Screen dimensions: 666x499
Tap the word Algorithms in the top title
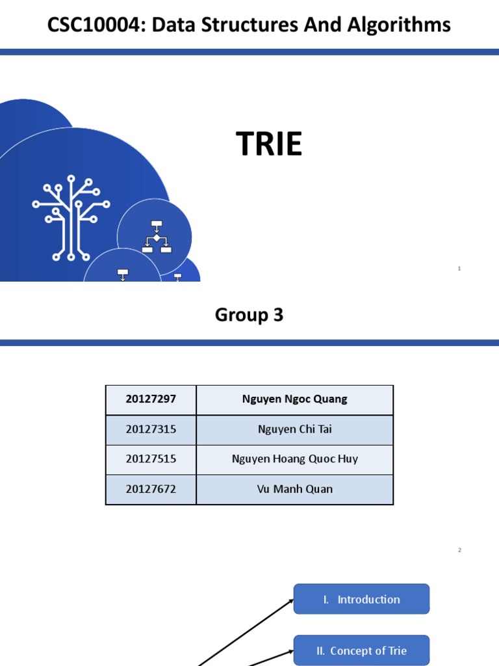point(400,25)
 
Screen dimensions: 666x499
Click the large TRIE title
point(269,144)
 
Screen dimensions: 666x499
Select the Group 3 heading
point(249,315)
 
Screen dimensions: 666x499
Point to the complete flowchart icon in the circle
point(156,237)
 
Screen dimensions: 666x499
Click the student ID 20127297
point(151,399)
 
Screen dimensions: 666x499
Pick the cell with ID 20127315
point(151,429)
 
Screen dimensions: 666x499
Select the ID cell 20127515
point(151,459)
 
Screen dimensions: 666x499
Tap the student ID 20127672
point(151,489)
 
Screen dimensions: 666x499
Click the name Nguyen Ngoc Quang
point(294,399)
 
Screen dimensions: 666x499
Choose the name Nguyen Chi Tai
point(294,429)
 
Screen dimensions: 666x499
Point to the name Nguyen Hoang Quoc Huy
point(294,459)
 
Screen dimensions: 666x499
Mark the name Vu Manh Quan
point(294,489)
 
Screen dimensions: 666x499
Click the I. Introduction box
point(361,599)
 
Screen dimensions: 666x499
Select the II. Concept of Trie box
point(361,650)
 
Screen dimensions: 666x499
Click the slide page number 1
point(459,268)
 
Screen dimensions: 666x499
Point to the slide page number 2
point(459,550)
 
